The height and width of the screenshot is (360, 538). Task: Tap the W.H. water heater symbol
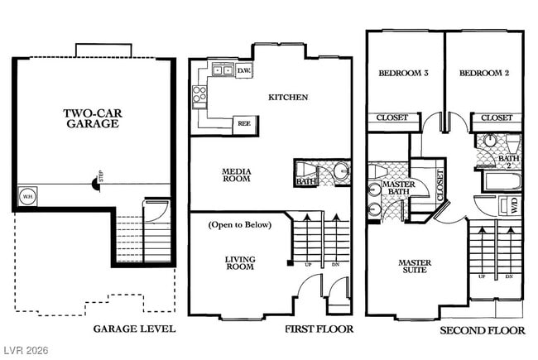[27, 197]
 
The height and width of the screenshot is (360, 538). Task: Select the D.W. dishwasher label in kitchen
[244, 71]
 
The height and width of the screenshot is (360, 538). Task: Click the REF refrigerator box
[243, 122]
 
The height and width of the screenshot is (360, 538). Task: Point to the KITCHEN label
[288, 98]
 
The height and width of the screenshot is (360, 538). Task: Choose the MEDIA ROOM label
[236, 176]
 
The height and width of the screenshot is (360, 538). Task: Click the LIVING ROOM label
[240, 263]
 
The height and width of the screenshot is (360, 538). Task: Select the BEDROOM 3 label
[403, 73]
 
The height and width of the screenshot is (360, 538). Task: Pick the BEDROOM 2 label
[484, 73]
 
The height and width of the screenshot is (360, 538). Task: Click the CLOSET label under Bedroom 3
[392, 118]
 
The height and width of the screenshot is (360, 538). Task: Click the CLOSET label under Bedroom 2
[497, 118]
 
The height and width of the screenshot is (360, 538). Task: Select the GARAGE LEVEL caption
[134, 329]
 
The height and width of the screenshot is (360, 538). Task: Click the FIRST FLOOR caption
[319, 329]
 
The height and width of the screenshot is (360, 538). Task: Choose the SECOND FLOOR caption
[482, 330]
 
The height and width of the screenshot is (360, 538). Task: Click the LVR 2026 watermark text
[26, 351]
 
